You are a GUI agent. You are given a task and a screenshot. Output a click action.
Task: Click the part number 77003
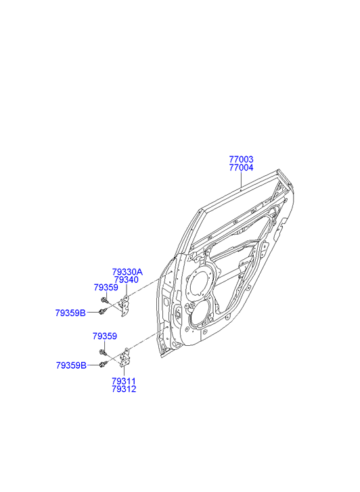coord(241,160)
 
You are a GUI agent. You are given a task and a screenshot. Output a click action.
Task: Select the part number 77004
coord(241,168)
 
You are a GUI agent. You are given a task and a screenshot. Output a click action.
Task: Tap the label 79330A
coord(127,272)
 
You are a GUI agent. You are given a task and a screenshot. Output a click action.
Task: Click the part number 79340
coord(126,279)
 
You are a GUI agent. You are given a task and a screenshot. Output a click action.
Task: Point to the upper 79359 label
coord(106,288)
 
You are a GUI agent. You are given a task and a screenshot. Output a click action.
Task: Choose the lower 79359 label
coord(105,336)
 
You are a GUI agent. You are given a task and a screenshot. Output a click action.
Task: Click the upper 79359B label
coord(70,313)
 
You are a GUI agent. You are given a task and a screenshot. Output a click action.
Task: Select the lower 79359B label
coord(71,365)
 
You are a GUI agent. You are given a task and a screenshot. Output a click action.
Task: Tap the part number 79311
coord(124,381)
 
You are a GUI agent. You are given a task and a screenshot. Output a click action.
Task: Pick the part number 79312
coord(124,389)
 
